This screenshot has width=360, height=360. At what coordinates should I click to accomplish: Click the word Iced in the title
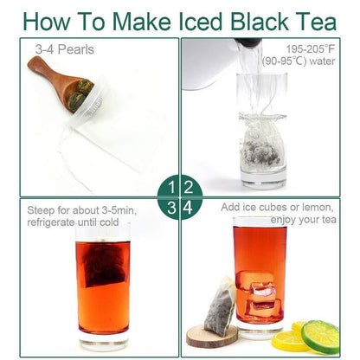click(x=201, y=21)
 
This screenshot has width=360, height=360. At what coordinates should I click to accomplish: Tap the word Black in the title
click(x=260, y=21)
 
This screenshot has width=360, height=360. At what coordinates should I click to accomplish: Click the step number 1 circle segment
click(x=168, y=187)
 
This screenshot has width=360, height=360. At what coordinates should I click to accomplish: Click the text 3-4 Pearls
click(x=65, y=49)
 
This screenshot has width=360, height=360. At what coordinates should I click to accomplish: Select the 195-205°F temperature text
click(x=311, y=49)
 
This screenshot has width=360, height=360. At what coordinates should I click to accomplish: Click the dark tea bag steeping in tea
click(x=104, y=263)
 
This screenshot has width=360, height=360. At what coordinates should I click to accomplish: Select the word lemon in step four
click(x=318, y=207)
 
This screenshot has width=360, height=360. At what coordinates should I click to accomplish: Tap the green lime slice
click(x=320, y=337)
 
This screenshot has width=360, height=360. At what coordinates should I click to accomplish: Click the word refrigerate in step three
click(x=51, y=222)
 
